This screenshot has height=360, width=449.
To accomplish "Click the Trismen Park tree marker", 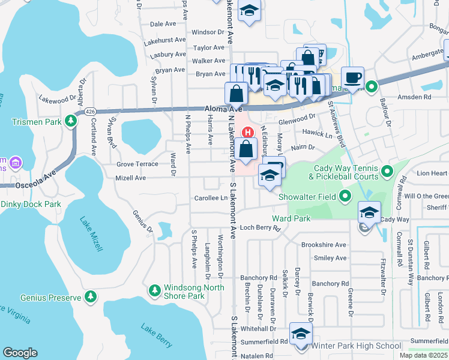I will coord(71,121).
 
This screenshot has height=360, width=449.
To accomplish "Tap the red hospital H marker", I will coord(247,131).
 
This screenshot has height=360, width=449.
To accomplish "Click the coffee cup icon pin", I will coord(353,77).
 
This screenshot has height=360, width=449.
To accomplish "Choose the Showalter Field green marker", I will coord(345,196).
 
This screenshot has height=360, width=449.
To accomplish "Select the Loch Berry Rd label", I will coord(261,228).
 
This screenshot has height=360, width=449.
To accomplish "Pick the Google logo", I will coord(20,353).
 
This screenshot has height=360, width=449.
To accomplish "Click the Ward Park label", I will coord(291,218).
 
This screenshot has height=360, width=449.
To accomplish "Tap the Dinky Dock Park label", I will coord(31,204).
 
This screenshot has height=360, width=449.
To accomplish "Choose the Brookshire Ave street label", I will coord(324,245).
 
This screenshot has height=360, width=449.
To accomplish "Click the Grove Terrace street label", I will coord(137,164).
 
